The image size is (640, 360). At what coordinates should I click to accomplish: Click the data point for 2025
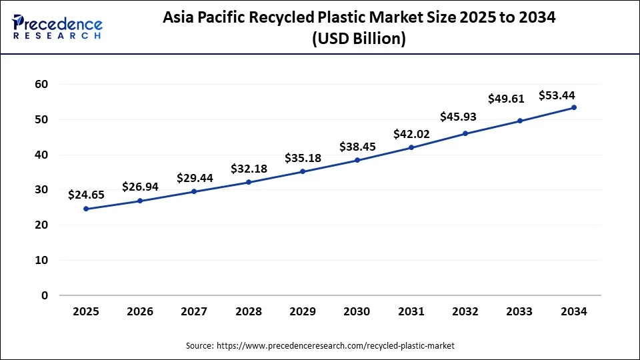pos(86,209)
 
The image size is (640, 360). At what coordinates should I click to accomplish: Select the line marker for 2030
pos(357,160)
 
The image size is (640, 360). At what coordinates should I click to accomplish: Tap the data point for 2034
pos(574,107)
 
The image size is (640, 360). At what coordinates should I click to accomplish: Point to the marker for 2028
pos(249,182)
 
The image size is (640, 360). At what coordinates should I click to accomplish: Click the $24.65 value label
pos(86,195)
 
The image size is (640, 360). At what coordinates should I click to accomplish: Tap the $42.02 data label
pos(411,134)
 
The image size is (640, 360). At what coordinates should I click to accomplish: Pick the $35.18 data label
pos(303,158)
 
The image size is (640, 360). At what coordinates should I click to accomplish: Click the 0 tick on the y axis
pos(45,295)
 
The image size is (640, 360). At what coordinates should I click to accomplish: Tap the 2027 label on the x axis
pos(194,311)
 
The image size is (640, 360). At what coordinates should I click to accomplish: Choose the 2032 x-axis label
pos(465,311)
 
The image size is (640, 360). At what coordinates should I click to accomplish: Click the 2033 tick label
pos(519,311)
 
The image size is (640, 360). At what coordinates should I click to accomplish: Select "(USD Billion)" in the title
pos(359,39)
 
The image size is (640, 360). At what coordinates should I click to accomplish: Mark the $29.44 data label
pos(195,178)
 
